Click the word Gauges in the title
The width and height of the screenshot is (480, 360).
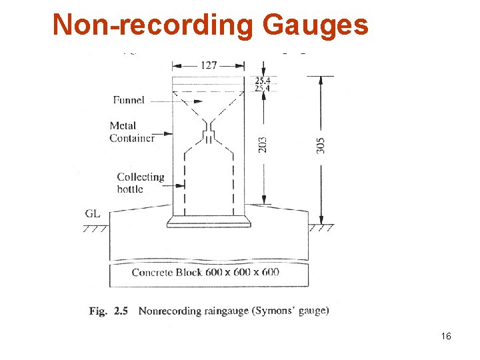[x=315, y=25]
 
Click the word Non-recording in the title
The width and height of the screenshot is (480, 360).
[x=154, y=25]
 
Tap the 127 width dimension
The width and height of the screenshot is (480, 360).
[x=208, y=65]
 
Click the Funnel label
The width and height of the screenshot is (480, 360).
[x=128, y=100]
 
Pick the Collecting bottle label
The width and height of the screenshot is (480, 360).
[x=140, y=183]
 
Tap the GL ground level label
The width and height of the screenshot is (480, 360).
[x=93, y=214]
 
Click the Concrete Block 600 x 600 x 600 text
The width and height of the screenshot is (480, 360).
[x=205, y=272]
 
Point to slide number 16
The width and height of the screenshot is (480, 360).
[x=446, y=336]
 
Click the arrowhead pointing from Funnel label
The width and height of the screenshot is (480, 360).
[x=199, y=101]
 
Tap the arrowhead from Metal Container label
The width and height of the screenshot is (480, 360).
[x=170, y=134]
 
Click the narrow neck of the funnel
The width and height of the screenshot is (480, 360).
[x=209, y=125]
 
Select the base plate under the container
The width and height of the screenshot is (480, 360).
[x=209, y=221]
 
